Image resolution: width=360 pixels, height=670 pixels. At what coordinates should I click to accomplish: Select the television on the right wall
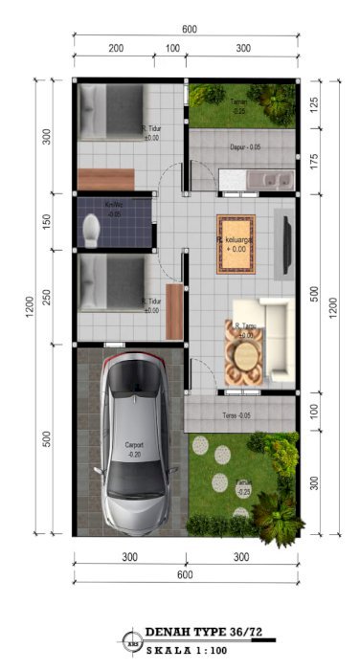click(286, 235)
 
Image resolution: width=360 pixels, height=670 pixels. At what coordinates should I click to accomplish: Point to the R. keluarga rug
click(236, 244)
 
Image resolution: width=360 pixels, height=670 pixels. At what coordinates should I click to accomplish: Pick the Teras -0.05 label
click(236, 415)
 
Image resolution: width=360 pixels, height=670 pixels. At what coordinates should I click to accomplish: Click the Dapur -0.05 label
click(246, 147)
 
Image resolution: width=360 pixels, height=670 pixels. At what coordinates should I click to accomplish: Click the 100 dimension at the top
click(172, 48)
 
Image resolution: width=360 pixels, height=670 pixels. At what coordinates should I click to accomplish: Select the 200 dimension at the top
click(116, 48)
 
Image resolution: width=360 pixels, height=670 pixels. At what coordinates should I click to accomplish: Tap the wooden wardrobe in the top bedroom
click(106, 179)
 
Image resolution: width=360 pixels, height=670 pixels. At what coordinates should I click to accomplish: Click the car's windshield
click(136, 402)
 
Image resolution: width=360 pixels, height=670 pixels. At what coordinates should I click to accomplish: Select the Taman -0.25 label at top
click(238, 106)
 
